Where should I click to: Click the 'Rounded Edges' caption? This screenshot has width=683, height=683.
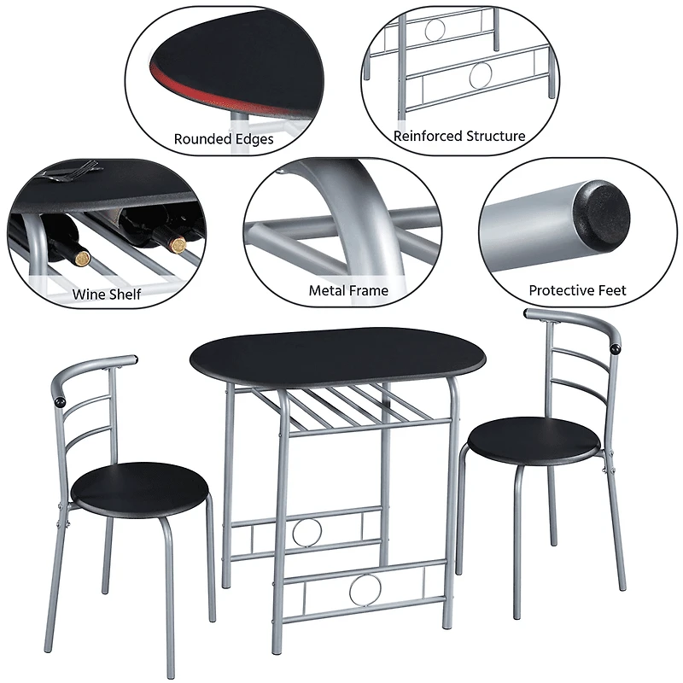click(x=224, y=138)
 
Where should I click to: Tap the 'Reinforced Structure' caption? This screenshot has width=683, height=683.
click(x=459, y=136)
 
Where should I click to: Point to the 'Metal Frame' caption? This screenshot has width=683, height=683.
click(x=348, y=290)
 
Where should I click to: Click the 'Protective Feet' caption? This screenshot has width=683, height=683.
click(x=577, y=290)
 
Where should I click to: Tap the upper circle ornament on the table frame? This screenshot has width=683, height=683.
click(x=304, y=531)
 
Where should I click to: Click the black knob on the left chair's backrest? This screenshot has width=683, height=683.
click(x=59, y=400)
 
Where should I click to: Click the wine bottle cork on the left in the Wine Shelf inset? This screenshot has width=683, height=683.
click(x=82, y=255)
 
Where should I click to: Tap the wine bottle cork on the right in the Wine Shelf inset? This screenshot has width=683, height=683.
click(x=178, y=245)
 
